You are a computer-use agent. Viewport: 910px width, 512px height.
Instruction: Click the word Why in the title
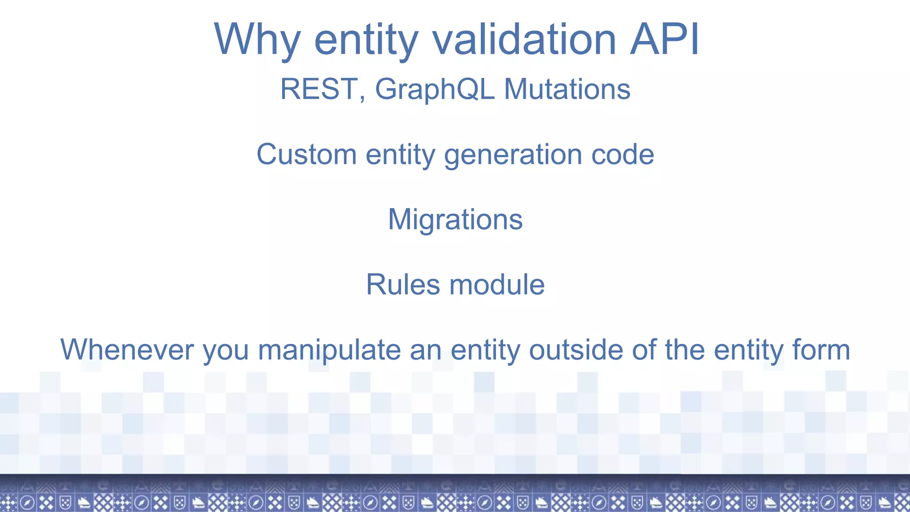pos(257,40)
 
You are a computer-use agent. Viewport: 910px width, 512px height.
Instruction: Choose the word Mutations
pos(567,89)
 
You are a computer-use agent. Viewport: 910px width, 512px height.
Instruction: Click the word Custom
pos(307,155)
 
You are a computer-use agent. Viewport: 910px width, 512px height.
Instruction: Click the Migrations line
pos(455,220)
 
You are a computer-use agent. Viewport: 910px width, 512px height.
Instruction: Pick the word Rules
pos(403,284)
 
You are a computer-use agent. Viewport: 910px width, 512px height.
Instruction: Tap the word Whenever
pos(127,350)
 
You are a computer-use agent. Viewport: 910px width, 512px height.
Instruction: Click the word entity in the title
pos(366,40)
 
